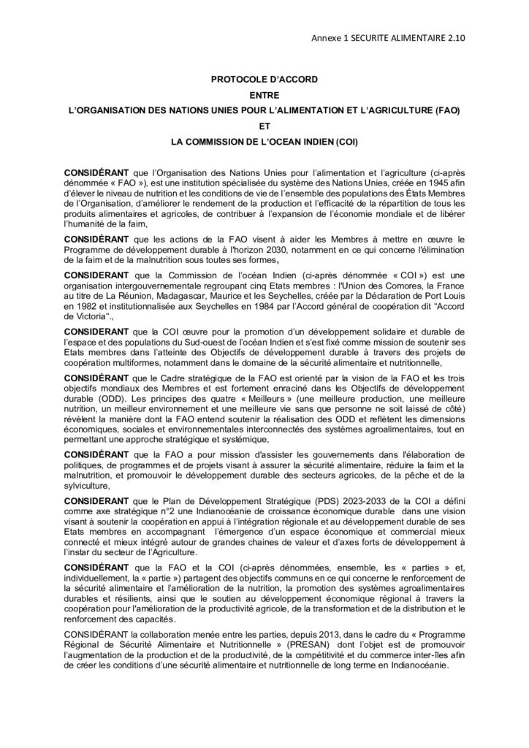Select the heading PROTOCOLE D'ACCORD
tap(264, 79)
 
